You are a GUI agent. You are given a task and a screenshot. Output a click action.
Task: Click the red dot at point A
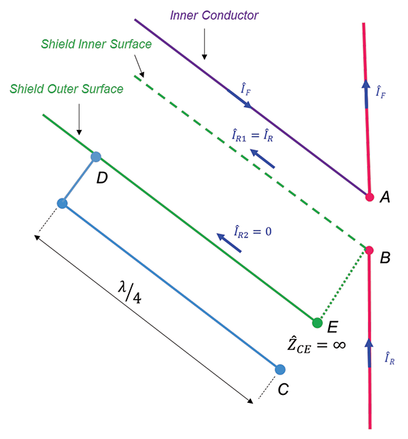(x=369, y=197)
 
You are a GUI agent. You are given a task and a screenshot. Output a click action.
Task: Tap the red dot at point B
(x=369, y=250)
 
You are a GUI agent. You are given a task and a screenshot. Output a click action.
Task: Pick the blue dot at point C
(x=280, y=369)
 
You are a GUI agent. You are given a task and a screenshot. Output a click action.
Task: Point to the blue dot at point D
(x=96, y=157)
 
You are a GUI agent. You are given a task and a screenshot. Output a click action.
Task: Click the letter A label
(x=385, y=198)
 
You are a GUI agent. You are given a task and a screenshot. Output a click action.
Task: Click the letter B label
(x=385, y=258)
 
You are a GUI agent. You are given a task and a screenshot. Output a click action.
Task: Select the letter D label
(x=101, y=178)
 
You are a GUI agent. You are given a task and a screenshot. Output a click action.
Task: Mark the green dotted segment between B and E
(x=342, y=286)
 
